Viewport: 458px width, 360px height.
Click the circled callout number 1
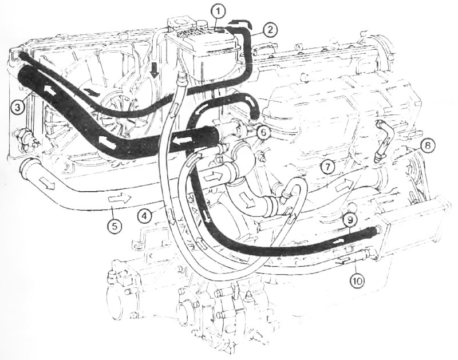219,12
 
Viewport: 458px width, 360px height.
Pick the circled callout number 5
114,226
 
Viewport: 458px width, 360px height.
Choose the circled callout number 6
263,133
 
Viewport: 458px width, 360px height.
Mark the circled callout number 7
327,167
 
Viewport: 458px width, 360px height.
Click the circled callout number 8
427,146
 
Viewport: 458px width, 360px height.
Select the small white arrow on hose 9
338,241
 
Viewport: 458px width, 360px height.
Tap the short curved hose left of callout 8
382,140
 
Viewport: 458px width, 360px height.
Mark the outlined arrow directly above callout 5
120,199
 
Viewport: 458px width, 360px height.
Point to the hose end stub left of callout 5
28,169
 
